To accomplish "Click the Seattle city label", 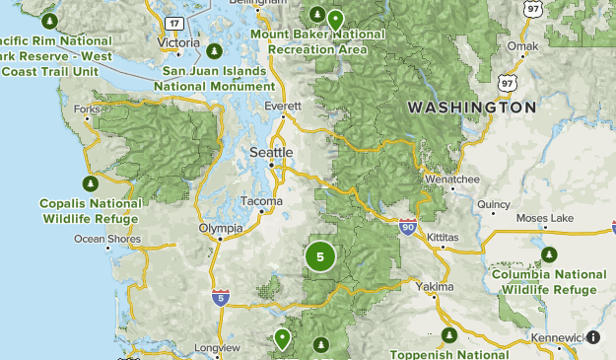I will click(x=271, y=153).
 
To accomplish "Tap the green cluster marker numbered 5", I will click(x=320, y=256).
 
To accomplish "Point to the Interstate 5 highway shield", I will click(x=221, y=295).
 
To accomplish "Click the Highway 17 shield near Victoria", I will click(x=173, y=23).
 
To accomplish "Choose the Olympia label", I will click(x=220, y=228).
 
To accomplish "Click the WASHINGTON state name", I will click(x=472, y=108).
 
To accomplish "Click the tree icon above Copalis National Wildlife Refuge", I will click(x=91, y=182).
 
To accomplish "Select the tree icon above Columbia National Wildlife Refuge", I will click(x=548, y=254).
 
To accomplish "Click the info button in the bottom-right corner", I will click(x=593, y=337).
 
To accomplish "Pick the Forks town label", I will click(x=86, y=109).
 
